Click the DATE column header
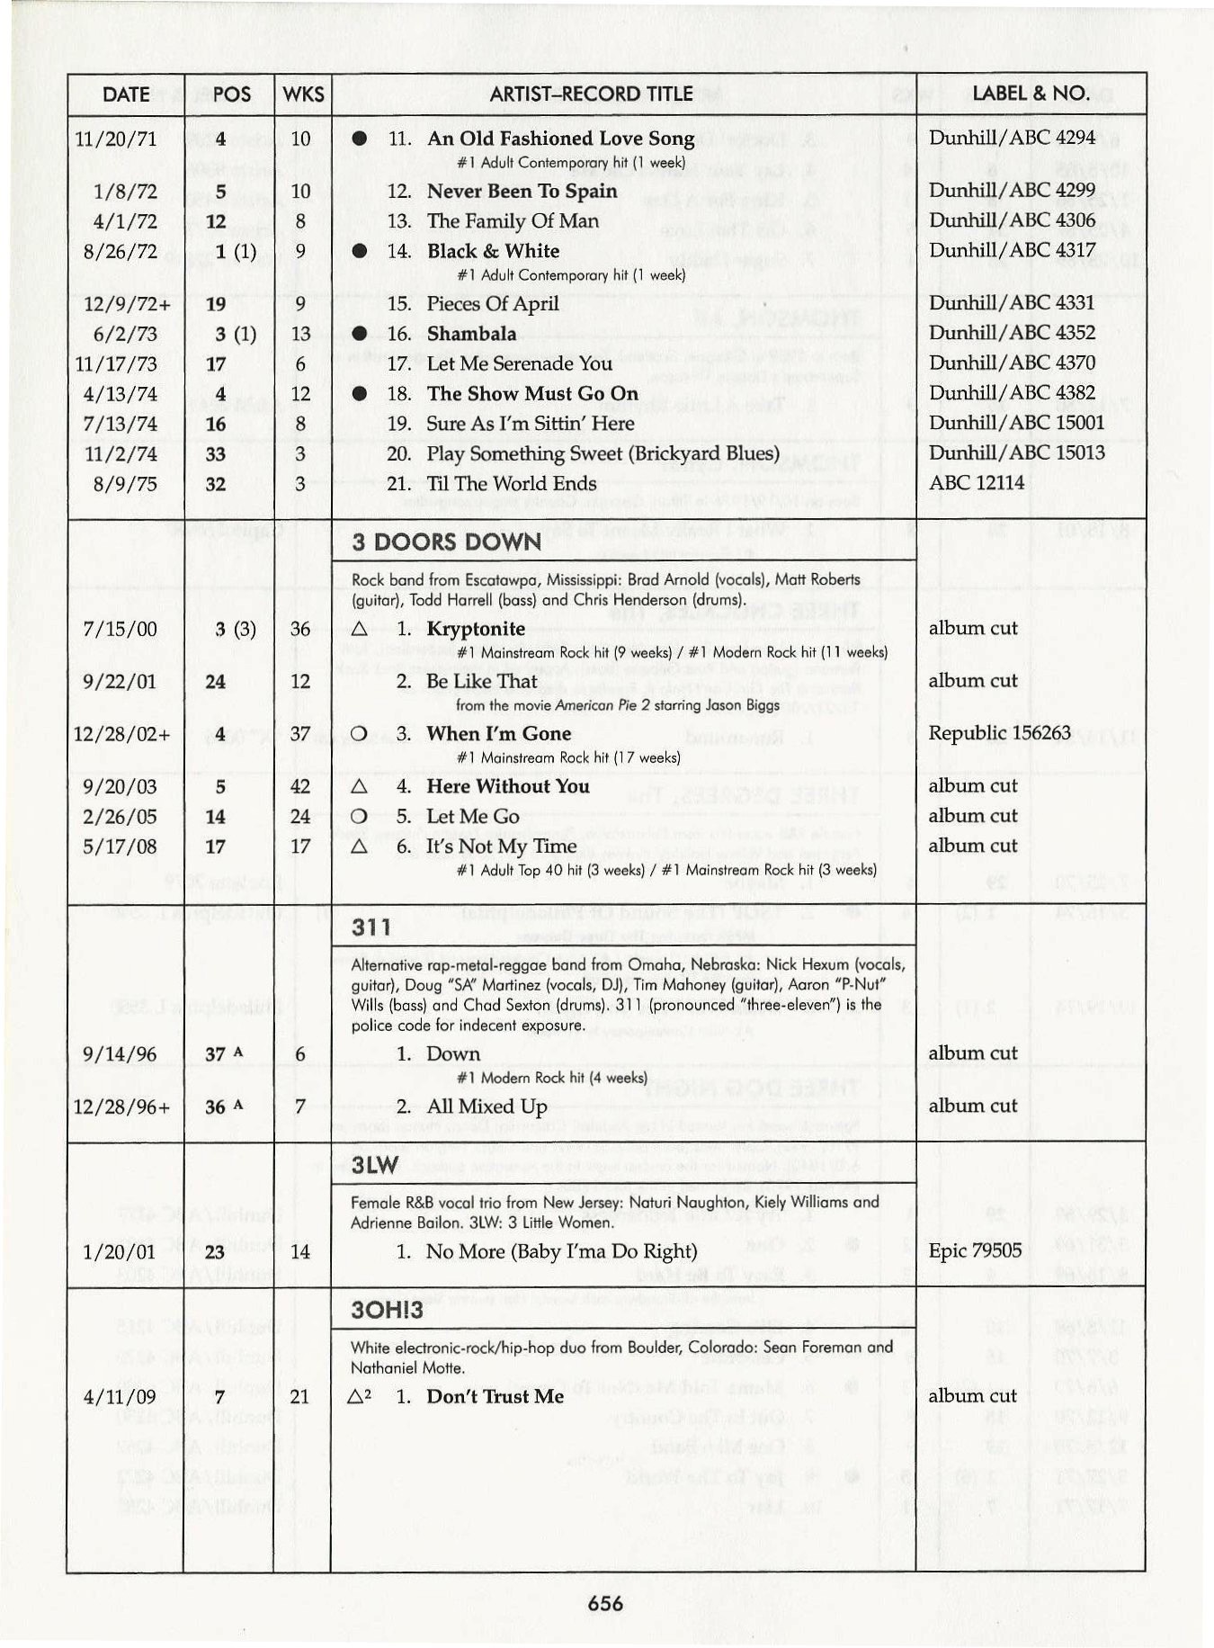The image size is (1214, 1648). [126, 94]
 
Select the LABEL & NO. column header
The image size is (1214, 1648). [1031, 93]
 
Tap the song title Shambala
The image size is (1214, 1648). [471, 334]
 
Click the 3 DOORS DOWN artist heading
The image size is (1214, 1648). [446, 542]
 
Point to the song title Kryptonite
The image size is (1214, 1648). [476, 629]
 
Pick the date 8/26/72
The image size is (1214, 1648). [120, 251]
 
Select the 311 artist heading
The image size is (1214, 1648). [371, 927]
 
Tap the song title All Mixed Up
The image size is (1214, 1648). [486, 1106]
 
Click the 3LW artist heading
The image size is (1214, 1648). [374, 1166]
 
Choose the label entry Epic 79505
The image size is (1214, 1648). [975, 1250]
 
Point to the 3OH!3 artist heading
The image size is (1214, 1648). [387, 1310]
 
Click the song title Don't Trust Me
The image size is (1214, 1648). [495, 1396]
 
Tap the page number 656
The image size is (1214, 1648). [605, 1602]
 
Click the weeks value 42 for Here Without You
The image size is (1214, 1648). [300, 786]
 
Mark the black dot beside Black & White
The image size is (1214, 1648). [359, 252]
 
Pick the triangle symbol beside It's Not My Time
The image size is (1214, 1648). [359, 846]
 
